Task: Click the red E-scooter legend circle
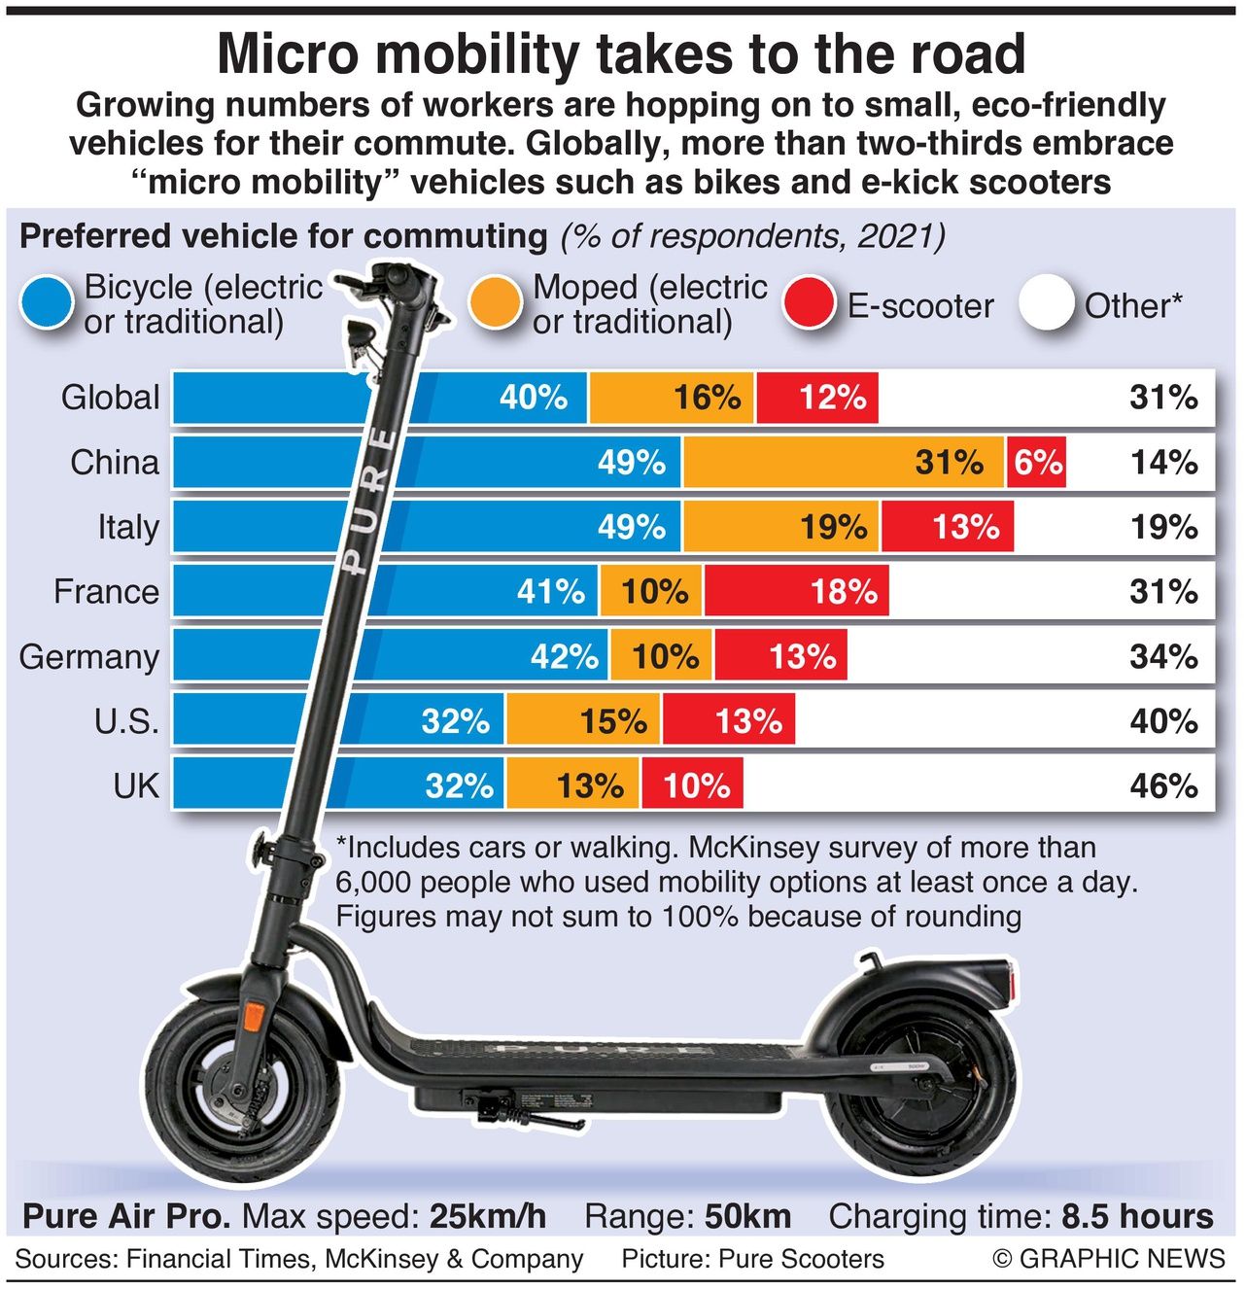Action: tap(809, 304)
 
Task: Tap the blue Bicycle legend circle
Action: tap(47, 304)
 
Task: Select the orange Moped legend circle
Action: tap(496, 304)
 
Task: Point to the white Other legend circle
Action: tap(1048, 304)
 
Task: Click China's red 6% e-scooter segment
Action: tap(1036, 462)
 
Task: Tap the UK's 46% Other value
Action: tap(1163, 785)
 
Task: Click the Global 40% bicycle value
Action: tap(534, 397)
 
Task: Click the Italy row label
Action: tap(128, 527)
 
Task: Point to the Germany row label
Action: tap(89, 656)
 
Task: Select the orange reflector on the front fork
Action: tap(253, 1018)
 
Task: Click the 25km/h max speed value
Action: tap(489, 1216)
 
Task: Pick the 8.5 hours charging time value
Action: tap(1137, 1216)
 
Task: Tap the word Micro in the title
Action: tap(290, 54)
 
